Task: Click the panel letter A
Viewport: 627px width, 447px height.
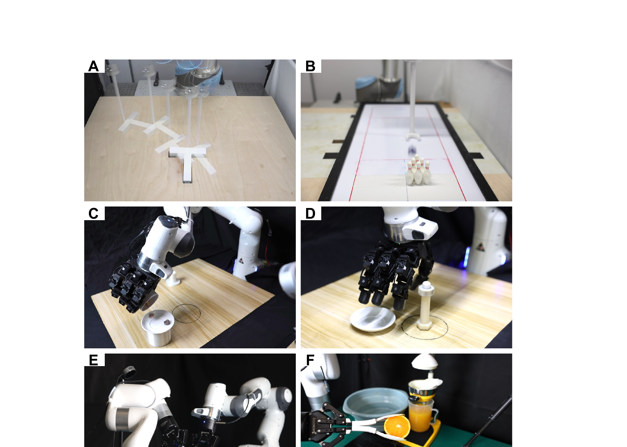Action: tap(93, 66)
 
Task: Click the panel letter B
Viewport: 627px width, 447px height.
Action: tap(310, 66)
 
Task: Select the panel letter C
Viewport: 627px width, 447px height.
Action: tap(93, 214)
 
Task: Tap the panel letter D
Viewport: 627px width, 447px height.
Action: tap(310, 214)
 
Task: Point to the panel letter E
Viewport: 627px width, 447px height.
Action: tap(93, 360)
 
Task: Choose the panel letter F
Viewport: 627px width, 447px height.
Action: tap(310, 360)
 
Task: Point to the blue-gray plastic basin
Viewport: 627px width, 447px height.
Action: tap(375, 404)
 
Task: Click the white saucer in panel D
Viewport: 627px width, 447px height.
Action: tap(373, 319)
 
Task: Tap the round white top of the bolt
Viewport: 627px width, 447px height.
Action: tap(426, 286)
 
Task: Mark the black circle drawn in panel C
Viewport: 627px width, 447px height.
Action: tap(186, 306)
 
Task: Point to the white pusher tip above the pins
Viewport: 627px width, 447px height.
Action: tap(413, 138)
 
